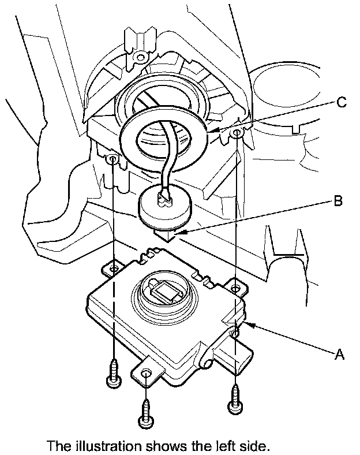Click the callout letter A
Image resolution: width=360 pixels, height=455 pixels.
[x=339, y=355]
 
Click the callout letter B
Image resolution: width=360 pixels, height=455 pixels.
[x=338, y=200]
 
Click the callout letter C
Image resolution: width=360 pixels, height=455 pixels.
[x=342, y=102]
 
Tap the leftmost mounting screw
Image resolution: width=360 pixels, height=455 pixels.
[x=114, y=374]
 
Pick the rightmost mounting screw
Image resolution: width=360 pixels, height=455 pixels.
[x=235, y=399]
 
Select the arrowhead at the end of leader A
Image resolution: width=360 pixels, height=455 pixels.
[x=252, y=325]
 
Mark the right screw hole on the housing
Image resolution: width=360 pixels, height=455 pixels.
[x=237, y=133]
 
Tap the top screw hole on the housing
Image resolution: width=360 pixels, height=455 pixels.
[x=140, y=56]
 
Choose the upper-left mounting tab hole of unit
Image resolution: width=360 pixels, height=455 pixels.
[x=114, y=268]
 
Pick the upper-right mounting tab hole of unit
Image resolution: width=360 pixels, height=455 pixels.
[x=235, y=288]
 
